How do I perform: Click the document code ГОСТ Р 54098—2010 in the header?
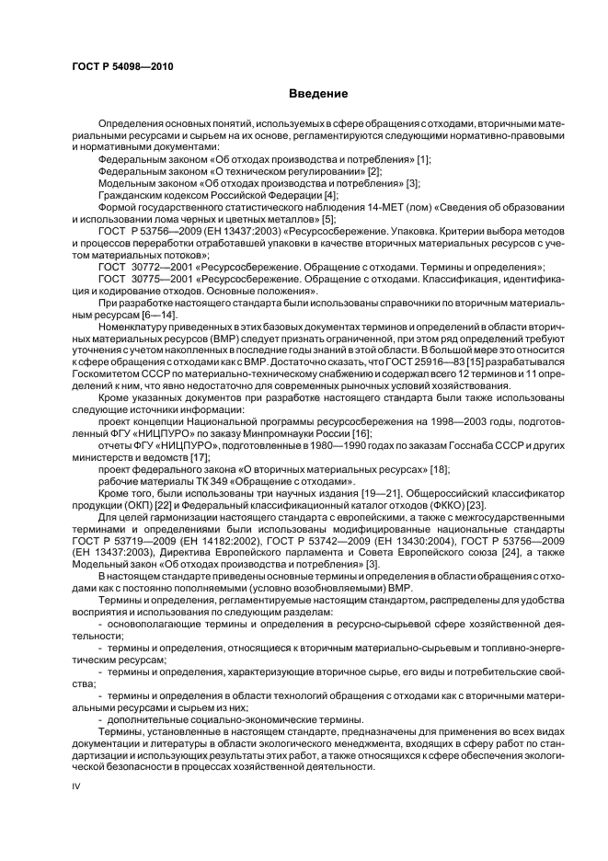122,66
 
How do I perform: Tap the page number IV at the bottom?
76,786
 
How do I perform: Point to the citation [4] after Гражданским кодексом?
332,195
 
